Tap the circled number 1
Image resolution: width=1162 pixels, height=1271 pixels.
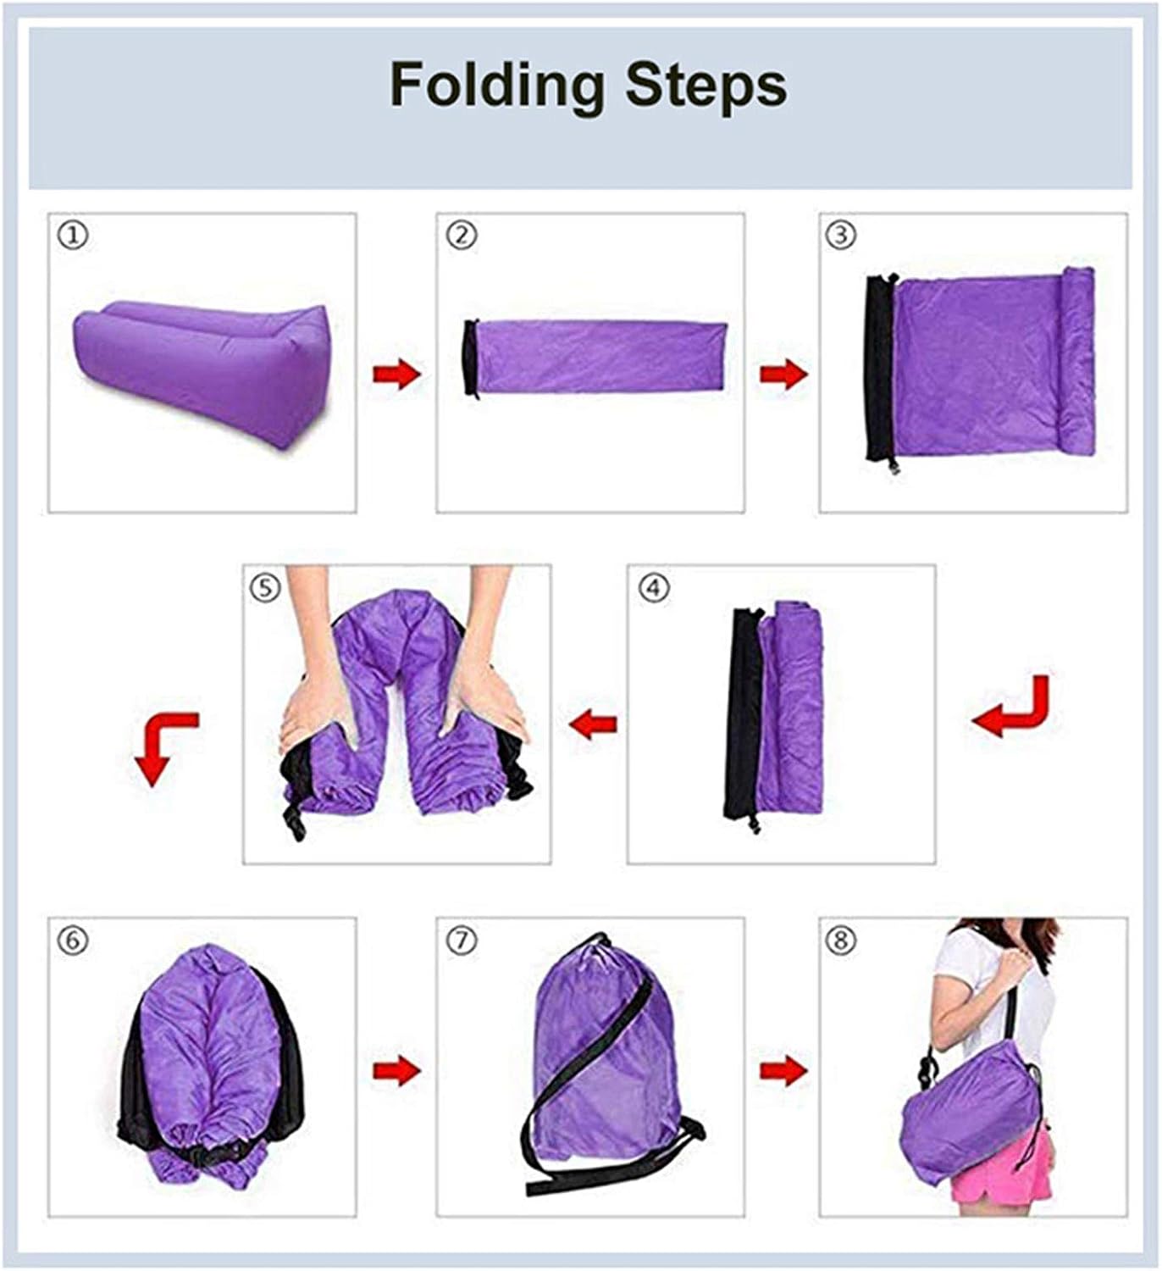73,236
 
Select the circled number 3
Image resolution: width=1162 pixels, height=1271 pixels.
840,235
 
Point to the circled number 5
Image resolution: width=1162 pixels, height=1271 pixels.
265,587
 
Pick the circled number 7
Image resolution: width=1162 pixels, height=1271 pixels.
462,941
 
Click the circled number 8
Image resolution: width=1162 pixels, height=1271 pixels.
840,941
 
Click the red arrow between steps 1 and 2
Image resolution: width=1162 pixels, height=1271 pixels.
396,375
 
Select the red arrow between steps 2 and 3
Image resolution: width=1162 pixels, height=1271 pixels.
783,375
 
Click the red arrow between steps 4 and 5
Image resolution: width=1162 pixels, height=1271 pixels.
592,724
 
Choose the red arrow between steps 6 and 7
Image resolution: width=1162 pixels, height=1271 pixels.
396,1070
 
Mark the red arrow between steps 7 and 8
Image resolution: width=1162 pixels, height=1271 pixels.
783,1070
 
